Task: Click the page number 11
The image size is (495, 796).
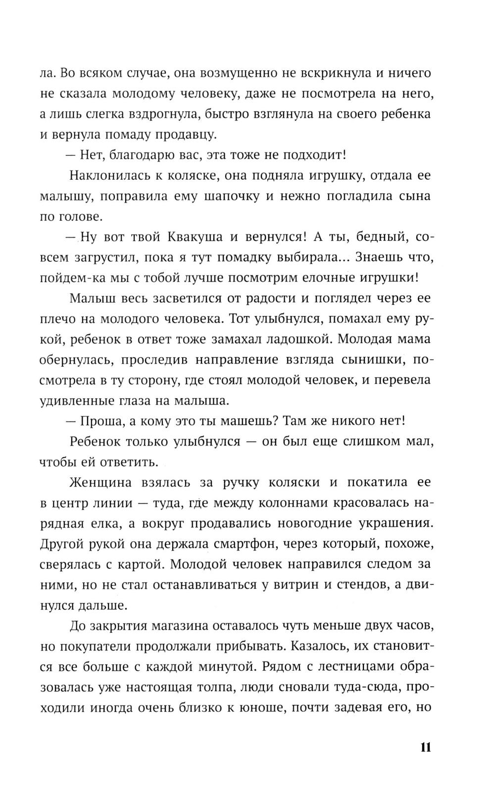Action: (425, 747)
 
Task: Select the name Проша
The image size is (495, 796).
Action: (97, 421)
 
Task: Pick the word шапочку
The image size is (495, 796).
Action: (232, 196)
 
